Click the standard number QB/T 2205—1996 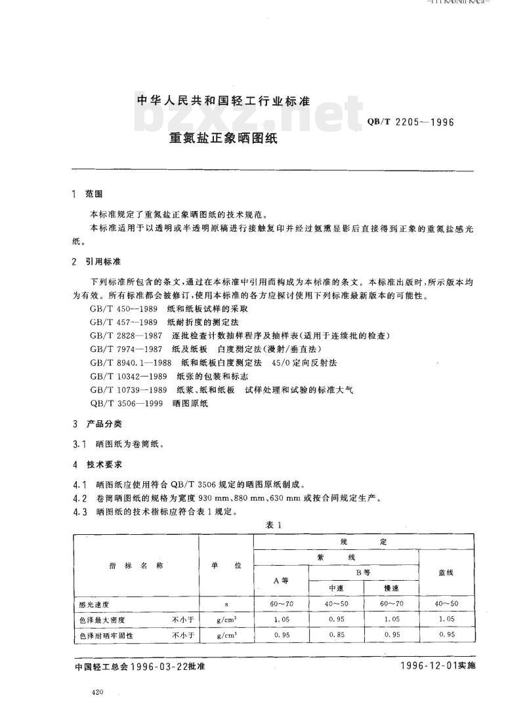point(409,121)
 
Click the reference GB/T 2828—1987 point(127,335)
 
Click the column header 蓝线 point(446,572)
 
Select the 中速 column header point(336,587)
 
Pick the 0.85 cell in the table point(336,634)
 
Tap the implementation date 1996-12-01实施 point(436,665)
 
